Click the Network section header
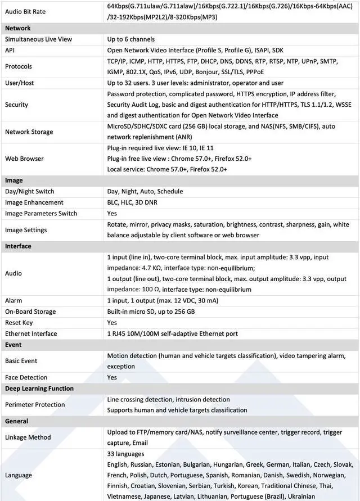point(18,28)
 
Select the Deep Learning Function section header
point(39,389)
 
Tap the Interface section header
point(18,246)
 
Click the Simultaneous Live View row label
point(38,39)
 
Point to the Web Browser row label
point(24,159)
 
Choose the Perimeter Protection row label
point(35,405)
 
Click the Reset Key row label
point(21,323)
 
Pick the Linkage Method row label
point(28,437)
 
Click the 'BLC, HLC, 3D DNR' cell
point(134,202)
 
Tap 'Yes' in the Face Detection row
point(112,377)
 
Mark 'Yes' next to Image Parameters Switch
point(112,214)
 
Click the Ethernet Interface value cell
point(172,334)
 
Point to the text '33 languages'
point(125,454)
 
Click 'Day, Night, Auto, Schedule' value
point(145,191)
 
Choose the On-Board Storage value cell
point(151,312)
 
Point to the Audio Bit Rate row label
point(25,11)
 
